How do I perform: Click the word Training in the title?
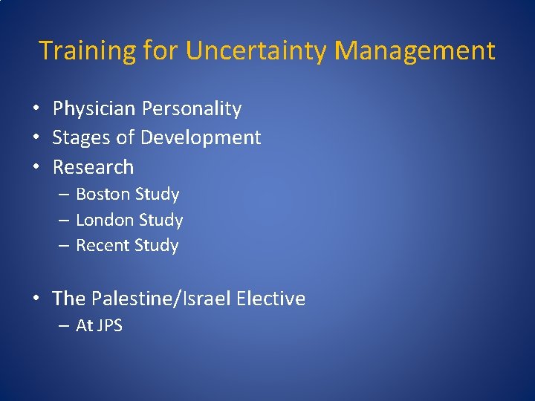85,50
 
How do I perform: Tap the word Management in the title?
415,50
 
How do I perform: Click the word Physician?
94,109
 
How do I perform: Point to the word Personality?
192,109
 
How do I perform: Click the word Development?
201,138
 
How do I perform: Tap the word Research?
93,167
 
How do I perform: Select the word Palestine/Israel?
161,299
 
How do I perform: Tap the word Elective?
271,299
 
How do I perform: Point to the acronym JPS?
110,326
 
